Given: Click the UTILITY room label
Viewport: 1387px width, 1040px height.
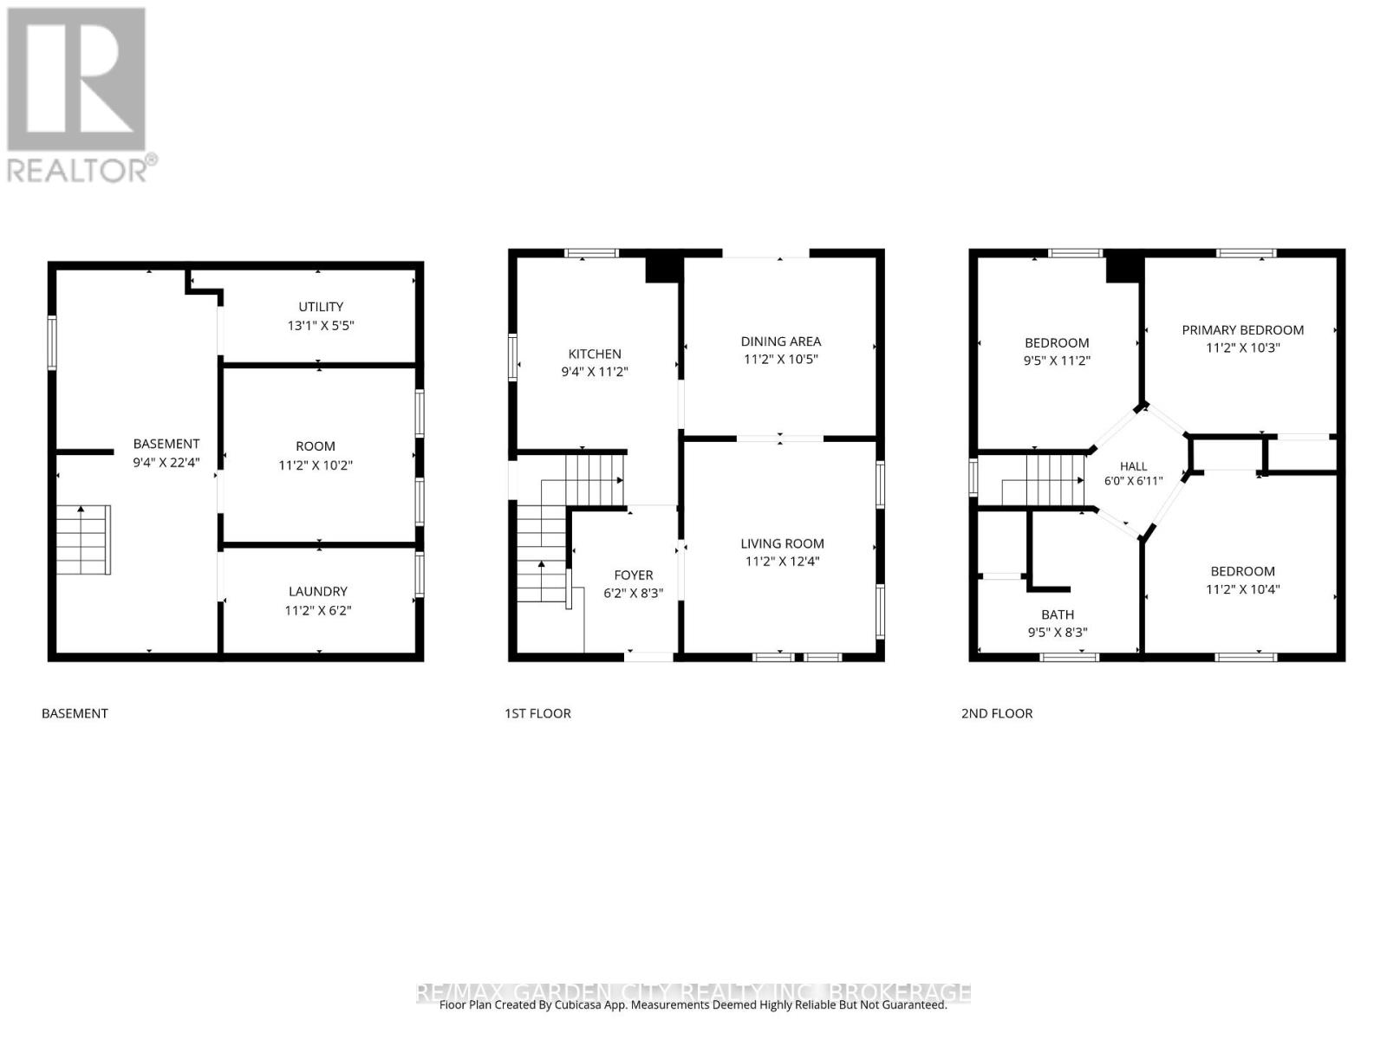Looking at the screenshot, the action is coord(321,307).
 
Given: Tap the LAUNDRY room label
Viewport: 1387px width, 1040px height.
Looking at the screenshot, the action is coord(318,592).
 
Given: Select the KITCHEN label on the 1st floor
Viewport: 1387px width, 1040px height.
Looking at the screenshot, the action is coord(595,354).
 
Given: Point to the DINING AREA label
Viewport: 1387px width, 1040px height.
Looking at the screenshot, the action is coord(780,341).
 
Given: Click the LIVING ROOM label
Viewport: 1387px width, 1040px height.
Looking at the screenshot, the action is coord(782,543).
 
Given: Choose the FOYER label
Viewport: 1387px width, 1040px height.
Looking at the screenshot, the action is coord(633,575).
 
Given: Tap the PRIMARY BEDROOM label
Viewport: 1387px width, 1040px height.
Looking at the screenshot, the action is coord(1242,330).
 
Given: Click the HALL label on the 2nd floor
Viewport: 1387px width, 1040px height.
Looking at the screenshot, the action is coord(1133,466).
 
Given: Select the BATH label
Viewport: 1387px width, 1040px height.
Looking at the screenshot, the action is coord(1057,614).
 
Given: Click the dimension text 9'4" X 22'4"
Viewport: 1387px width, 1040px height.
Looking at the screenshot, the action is coord(166,463).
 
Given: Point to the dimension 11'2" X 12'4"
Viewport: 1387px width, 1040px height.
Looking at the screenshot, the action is coord(782,562).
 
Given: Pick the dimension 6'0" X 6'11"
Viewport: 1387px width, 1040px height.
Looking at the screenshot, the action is coord(1133,481).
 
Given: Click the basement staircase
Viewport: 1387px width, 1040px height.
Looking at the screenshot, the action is coord(83,540).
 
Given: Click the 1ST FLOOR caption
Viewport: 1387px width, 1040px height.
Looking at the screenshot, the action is coord(537,713).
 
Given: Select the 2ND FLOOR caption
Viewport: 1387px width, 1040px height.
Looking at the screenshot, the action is coord(997,713).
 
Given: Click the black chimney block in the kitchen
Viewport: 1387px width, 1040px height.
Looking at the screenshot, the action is coord(661,269).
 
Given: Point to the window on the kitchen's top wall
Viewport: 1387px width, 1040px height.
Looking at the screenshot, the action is coord(591,253).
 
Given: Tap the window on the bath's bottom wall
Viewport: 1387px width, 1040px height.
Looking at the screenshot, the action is coord(1069,657).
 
